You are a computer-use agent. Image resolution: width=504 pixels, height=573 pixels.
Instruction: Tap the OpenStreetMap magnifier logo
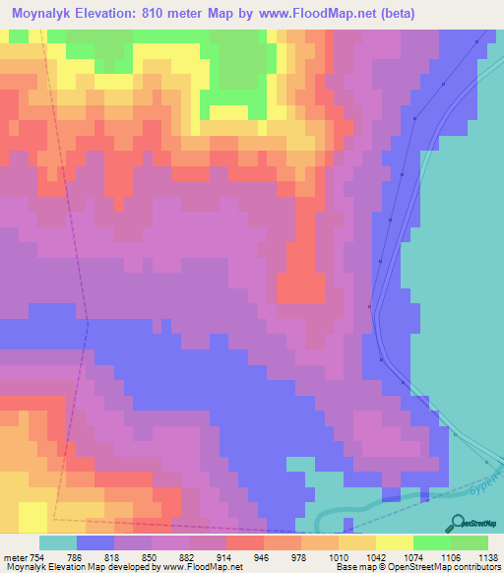coord(459,523)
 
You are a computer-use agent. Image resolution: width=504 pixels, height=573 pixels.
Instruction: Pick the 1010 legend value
coord(339,556)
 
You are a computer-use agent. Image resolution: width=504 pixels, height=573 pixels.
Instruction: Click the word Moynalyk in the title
coord(48,14)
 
